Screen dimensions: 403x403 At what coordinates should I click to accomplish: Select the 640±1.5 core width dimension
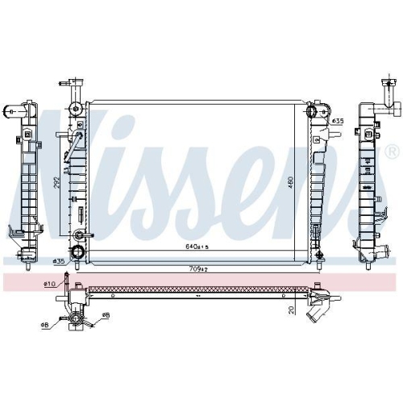[197, 247]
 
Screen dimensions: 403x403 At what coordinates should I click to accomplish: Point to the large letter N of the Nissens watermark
[77, 161]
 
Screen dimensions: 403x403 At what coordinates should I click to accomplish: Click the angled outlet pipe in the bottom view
[315, 307]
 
